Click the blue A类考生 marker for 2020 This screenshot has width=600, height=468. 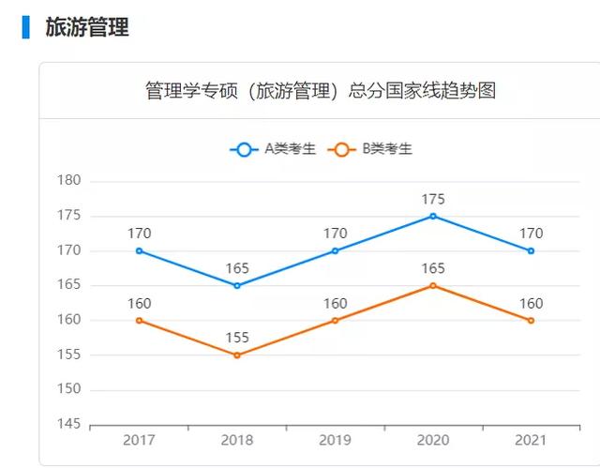pyautogui.click(x=432, y=216)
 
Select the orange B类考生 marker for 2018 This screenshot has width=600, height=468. pyautogui.click(x=237, y=355)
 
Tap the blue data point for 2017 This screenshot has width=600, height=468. pyautogui.click(x=139, y=250)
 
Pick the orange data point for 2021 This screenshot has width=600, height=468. pyautogui.click(x=531, y=321)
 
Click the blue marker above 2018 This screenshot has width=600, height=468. pyautogui.click(x=237, y=285)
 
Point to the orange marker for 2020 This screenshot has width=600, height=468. pyautogui.click(x=432, y=285)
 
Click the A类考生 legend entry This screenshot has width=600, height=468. pyautogui.click(x=273, y=148)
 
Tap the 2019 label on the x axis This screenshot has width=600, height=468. pyautogui.click(x=335, y=440)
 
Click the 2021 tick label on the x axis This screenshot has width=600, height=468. pyautogui.click(x=531, y=440)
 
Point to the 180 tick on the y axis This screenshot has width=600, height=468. pyautogui.click(x=69, y=180)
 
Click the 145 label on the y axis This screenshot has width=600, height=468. pyautogui.click(x=69, y=424)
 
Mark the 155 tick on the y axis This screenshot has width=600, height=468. pyautogui.click(x=69, y=355)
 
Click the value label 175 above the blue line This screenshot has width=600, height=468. pyautogui.click(x=432, y=199)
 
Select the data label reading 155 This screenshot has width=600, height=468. pyautogui.click(x=237, y=338)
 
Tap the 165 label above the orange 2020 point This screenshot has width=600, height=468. pyautogui.click(x=432, y=268)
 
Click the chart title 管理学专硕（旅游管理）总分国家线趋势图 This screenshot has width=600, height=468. pyautogui.click(x=320, y=91)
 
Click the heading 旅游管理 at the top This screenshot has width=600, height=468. pyautogui.click(x=87, y=27)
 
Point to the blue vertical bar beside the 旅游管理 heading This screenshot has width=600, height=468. pyautogui.click(x=26, y=27)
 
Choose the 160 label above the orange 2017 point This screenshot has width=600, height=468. pyautogui.click(x=139, y=303)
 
